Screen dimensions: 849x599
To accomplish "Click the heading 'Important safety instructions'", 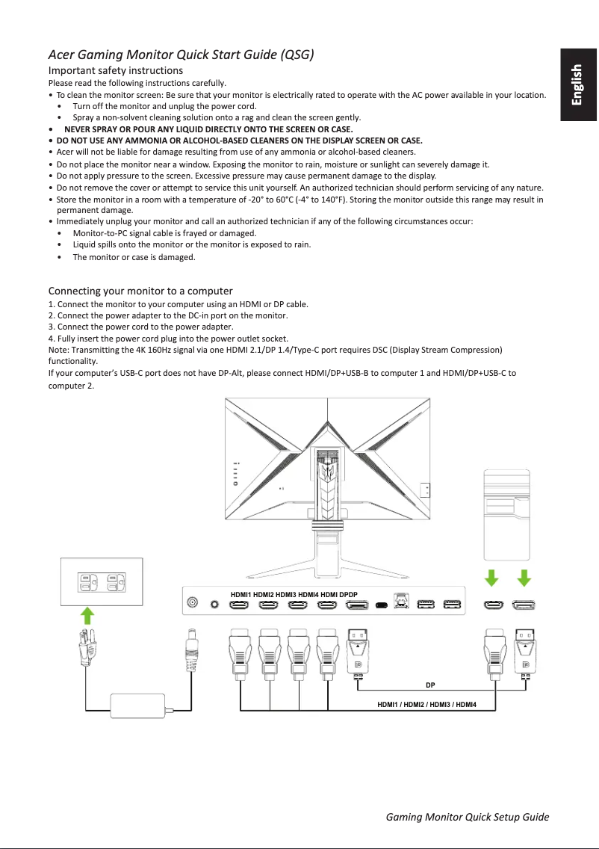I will click(x=116, y=70).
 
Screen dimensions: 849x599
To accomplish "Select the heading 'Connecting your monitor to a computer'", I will click(x=140, y=291).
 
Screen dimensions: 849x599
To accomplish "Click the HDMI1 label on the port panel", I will click(x=240, y=594).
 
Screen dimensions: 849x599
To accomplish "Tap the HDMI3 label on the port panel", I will click(x=286, y=594).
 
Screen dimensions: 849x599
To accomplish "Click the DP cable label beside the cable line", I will click(x=430, y=685).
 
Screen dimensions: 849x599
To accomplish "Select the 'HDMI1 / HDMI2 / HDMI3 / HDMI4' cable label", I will click(x=426, y=704).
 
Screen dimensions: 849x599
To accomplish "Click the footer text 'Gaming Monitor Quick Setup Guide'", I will click(x=468, y=816).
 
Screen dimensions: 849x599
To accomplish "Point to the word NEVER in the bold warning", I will click(x=77, y=129).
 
